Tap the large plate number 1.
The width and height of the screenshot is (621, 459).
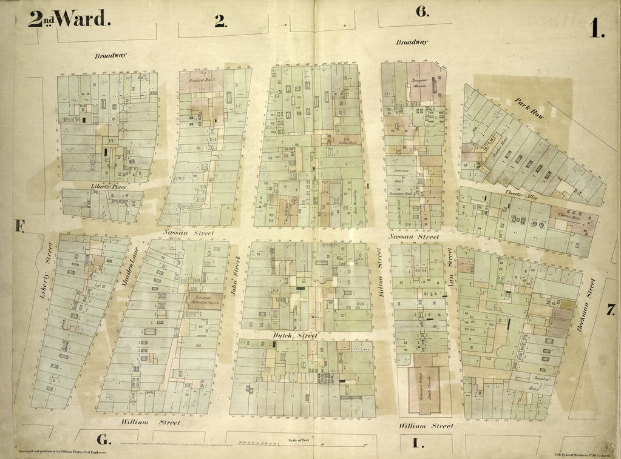coord(596,28)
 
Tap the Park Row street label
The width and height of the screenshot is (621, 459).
coord(529,110)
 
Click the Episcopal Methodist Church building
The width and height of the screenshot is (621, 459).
coord(204,301)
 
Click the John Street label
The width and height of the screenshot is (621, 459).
coord(236,275)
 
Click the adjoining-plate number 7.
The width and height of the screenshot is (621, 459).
coord(610,310)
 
